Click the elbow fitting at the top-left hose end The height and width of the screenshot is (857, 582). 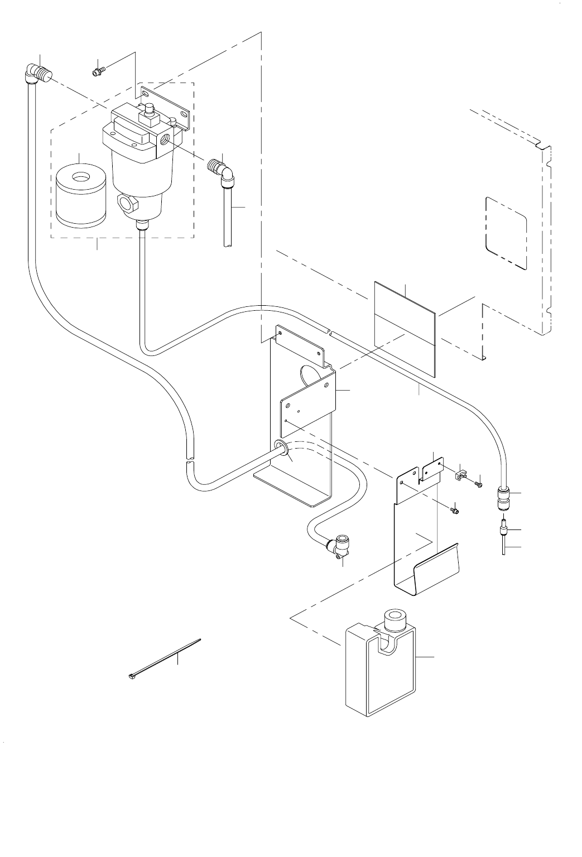(x=38, y=73)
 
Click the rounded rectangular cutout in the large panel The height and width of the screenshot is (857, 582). (x=506, y=232)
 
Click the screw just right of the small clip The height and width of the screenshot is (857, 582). (x=478, y=484)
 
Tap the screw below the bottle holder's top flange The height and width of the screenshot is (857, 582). (x=455, y=509)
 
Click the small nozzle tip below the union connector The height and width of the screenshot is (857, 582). (x=503, y=528)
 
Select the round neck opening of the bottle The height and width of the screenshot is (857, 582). (x=395, y=618)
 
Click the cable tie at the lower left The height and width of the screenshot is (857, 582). (x=162, y=659)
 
